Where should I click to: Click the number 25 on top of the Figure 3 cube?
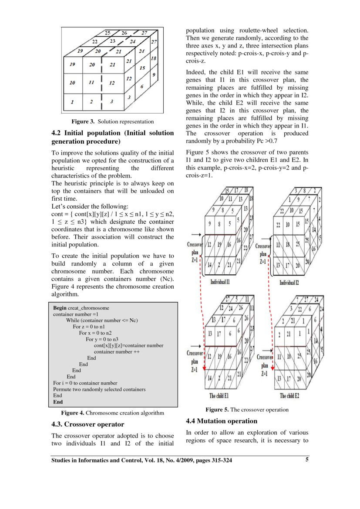tap(108, 33)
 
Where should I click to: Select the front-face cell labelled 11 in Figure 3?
tap(92, 82)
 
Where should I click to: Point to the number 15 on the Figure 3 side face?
tap(141, 68)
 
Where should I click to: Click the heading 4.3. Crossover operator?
tap(87, 424)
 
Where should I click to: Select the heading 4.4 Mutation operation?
tap(221, 421)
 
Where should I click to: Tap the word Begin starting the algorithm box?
tap(60, 308)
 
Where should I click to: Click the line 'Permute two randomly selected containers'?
tap(99, 389)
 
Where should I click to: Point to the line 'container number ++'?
tap(116, 352)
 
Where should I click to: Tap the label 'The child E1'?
tap(219, 396)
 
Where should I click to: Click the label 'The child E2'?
tap(289, 396)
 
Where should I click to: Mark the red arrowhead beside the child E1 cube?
tap(204, 367)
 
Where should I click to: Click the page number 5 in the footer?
tap(307, 461)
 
